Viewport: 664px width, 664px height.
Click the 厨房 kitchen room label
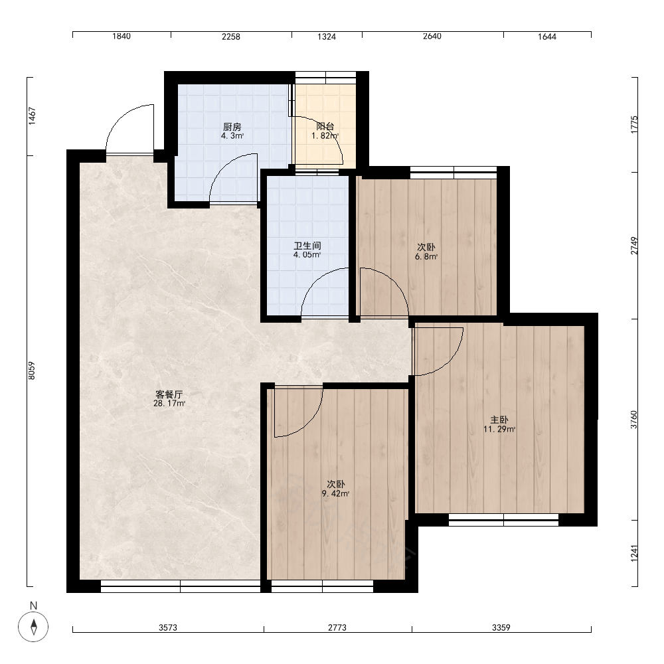232,127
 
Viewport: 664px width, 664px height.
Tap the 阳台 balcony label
325,126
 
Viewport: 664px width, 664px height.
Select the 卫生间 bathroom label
307,246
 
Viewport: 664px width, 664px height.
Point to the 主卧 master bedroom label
499,420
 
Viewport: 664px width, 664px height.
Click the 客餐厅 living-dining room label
169,394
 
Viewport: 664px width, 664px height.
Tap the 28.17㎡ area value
169,404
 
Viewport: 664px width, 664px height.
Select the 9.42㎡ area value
335,494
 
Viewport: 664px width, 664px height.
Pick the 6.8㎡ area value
426,256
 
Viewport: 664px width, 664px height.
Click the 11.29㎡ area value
499,430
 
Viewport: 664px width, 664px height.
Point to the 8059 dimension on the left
32,371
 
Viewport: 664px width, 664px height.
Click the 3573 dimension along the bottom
168,627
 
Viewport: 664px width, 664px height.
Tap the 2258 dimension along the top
231,37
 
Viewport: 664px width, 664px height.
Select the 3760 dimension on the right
634,420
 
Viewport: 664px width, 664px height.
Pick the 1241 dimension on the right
634,554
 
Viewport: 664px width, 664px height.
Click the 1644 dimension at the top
547,37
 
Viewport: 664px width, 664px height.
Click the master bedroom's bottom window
503,520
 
